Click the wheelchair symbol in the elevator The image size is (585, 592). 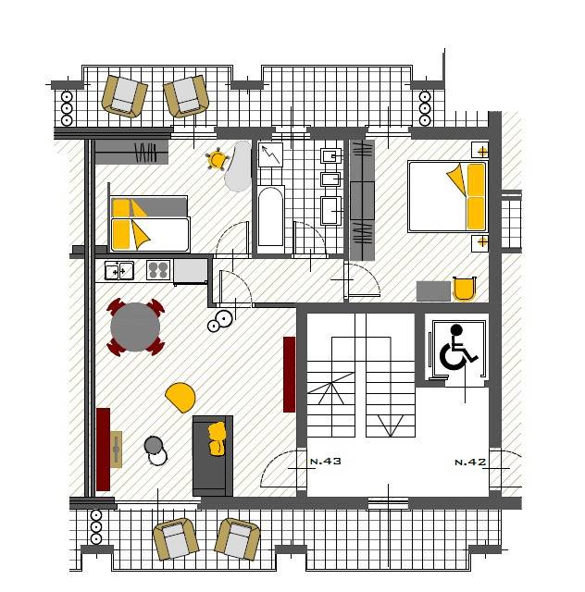pos(457,348)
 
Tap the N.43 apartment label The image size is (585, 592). pos(326,461)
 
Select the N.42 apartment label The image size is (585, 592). pos(470,462)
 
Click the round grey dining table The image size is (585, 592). pos(135,327)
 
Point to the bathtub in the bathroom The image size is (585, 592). pos(270,216)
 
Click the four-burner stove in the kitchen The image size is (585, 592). pos(158,269)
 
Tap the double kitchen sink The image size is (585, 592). pos(119,270)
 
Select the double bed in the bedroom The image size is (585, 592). pos(447,196)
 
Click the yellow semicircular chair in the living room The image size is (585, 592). pos(180,397)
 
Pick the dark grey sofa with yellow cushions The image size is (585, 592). pos(213,456)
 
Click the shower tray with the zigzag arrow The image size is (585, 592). pos(270,154)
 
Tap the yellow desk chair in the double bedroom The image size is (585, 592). pos(464,289)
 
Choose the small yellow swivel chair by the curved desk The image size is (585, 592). pos(217,160)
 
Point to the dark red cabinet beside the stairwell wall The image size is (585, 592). pos(290,375)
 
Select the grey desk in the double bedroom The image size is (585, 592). pos(433,291)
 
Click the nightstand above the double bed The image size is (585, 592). pos(480,150)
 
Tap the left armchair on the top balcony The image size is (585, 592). pos(124,96)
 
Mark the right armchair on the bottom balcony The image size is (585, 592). pos(237,539)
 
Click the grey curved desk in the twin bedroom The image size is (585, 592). pos(239,166)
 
